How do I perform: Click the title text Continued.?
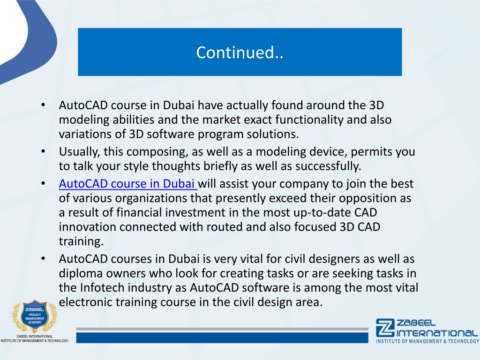[240, 52]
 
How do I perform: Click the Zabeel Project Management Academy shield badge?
[34, 316]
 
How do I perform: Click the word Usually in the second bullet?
[79, 152]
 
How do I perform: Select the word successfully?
[328, 166]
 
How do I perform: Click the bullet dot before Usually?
[43, 151]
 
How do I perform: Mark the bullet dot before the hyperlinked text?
[43, 184]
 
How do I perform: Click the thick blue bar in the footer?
[222, 338]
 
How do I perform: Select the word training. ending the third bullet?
[81, 242]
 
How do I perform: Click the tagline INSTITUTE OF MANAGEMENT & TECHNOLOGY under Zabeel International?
[427, 341]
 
